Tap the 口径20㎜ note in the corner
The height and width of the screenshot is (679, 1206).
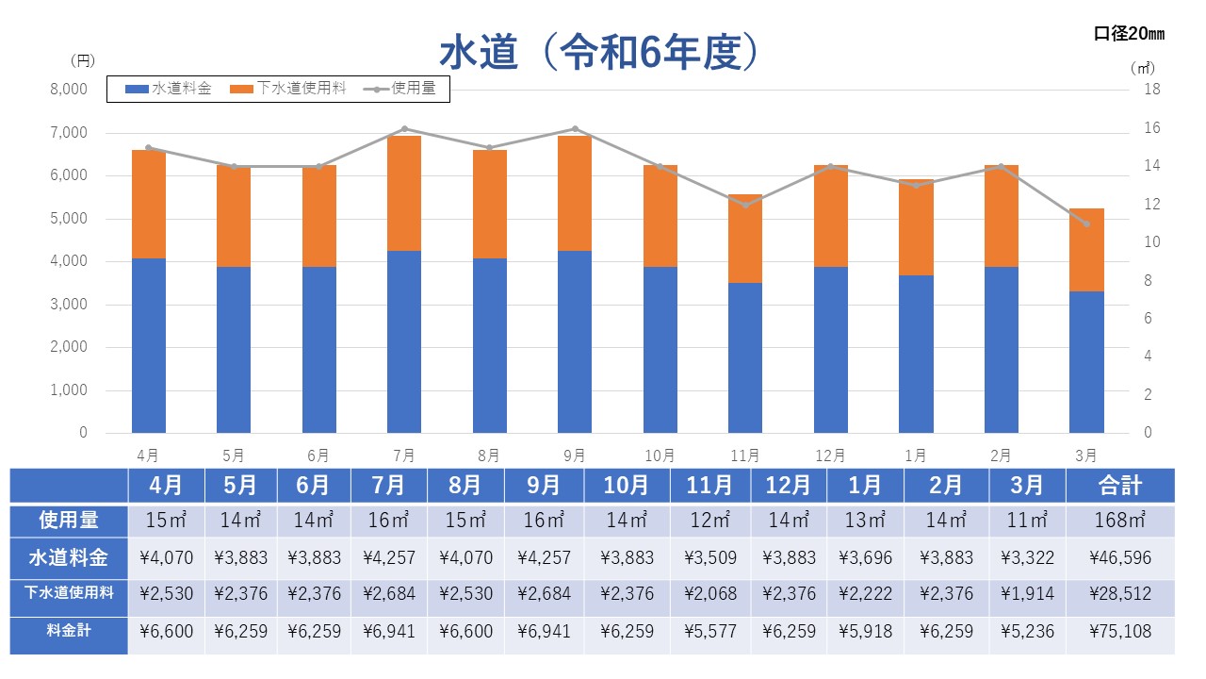tap(1129, 34)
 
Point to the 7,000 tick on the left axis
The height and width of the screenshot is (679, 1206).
tap(69, 133)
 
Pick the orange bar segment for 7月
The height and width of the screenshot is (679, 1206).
tap(404, 193)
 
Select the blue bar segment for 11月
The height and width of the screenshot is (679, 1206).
tap(745, 358)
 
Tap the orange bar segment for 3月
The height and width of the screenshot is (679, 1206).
tap(1086, 250)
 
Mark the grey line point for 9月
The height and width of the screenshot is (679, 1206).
tap(575, 128)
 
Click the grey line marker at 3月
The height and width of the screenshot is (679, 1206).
tap(1086, 224)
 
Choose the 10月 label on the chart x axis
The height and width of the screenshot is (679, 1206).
tap(660, 455)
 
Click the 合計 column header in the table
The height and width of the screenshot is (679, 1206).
tap(1119, 486)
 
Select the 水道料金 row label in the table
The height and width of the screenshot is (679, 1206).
tap(69, 557)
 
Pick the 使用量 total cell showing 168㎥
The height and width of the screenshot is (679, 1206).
tap(1119, 520)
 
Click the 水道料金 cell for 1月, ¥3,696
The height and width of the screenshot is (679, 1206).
tap(865, 557)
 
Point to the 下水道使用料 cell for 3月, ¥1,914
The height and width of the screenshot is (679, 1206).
tap(1027, 594)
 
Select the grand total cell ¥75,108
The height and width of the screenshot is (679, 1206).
tap(1119, 632)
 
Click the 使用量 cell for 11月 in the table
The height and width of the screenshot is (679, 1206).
tap(710, 520)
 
